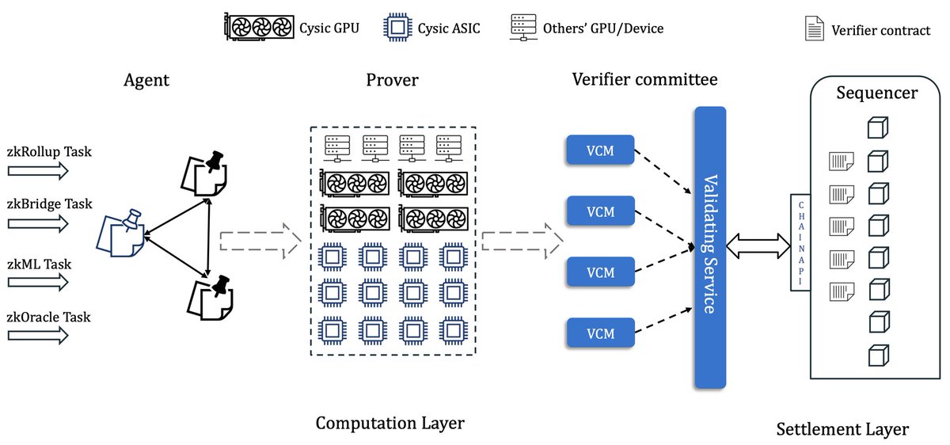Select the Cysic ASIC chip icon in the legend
click(x=397, y=29)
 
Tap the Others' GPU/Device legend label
click(x=602, y=29)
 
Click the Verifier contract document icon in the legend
click(x=814, y=29)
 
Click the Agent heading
click(x=146, y=80)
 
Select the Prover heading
click(x=392, y=80)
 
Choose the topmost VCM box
click(x=600, y=150)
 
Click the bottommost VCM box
click(x=600, y=333)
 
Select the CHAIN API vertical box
click(x=800, y=242)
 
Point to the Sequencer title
click(x=876, y=93)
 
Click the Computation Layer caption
click(x=389, y=423)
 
